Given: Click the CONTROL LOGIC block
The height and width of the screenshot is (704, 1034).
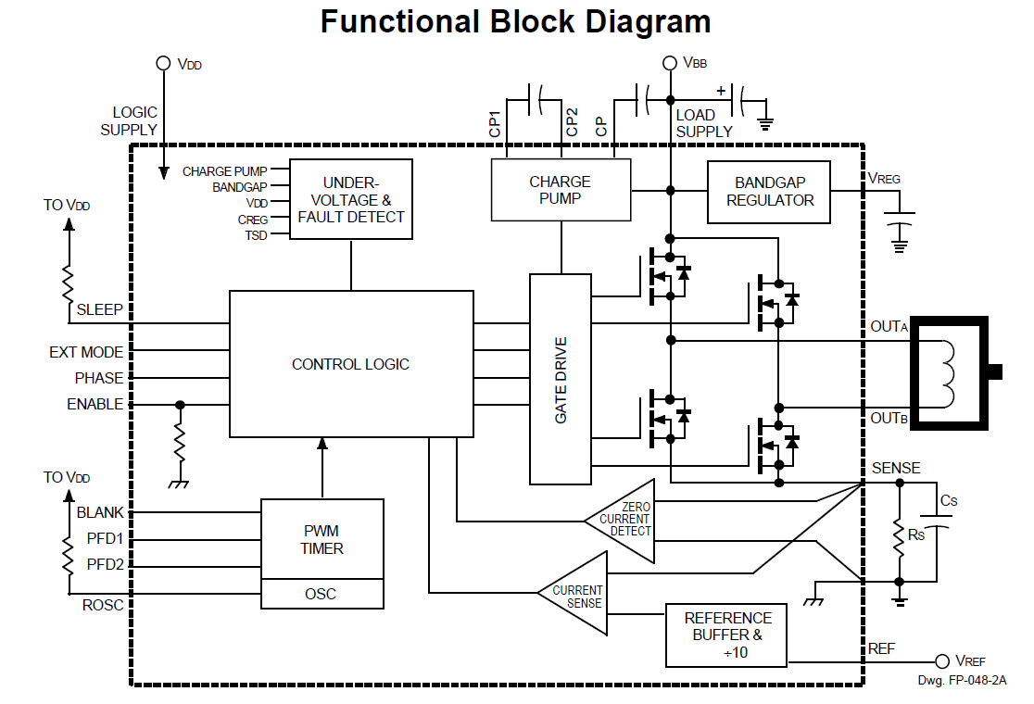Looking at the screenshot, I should click(x=350, y=364).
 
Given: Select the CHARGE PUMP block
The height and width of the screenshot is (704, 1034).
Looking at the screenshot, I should click(x=560, y=190).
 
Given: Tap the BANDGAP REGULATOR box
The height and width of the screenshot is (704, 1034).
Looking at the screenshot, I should click(x=769, y=192).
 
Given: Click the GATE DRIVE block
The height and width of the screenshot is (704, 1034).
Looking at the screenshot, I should click(x=561, y=379).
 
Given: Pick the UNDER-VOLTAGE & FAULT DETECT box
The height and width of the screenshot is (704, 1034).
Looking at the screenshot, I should click(x=351, y=199).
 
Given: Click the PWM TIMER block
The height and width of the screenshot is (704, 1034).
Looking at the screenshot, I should click(x=322, y=539).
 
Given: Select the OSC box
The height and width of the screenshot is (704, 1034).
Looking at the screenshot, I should click(x=322, y=594).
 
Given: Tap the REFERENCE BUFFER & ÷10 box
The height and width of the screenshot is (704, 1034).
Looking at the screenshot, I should click(x=726, y=635).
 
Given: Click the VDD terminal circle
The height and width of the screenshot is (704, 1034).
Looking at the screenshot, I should click(x=163, y=64).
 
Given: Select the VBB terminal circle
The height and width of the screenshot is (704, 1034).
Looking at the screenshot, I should click(x=670, y=63).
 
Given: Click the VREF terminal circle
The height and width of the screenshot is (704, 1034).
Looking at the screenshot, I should click(x=942, y=661).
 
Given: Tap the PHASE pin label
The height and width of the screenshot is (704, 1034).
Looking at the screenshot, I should click(x=99, y=378).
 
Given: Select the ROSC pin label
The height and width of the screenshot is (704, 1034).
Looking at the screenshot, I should click(x=102, y=605).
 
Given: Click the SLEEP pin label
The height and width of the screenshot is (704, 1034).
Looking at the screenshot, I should click(x=100, y=308).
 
